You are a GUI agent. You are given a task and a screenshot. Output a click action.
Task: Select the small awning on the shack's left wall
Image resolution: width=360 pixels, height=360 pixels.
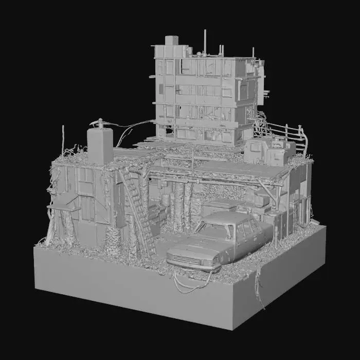pyautogui.click(x=63, y=208)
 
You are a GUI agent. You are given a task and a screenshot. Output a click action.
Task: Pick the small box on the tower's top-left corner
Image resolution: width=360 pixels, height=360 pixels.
pyautogui.click(x=171, y=40)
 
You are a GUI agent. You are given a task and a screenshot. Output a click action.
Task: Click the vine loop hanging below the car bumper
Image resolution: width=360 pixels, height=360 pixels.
pyautogui.click(x=193, y=283)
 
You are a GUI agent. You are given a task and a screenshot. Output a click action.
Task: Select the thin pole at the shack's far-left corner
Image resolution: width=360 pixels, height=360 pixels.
pyautogui.click(x=63, y=139)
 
